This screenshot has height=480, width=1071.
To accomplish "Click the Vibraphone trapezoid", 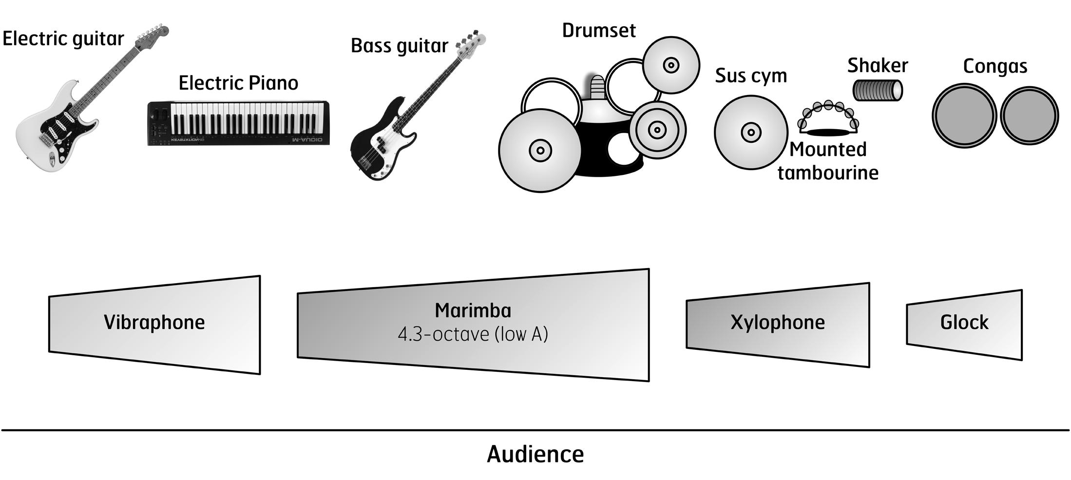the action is pyautogui.click(x=154, y=325).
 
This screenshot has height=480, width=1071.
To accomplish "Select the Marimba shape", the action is pyautogui.click(x=473, y=325).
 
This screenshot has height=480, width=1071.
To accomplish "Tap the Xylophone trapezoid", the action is pyautogui.click(x=778, y=325).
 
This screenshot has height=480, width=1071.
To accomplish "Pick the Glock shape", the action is pyautogui.click(x=964, y=325).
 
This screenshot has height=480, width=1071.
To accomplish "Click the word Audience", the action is pyautogui.click(x=535, y=454).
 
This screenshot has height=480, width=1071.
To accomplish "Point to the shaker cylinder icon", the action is pyautogui.click(x=878, y=90).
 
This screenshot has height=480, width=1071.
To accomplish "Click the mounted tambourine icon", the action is pyautogui.click(x=828, y=118).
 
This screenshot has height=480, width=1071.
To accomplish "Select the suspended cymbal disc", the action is pyautogui.click(x=751, y=132).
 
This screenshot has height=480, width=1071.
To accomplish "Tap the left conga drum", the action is pyautogui.click(x=965, y=115).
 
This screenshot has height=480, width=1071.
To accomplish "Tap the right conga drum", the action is pyautogui.click(x=1030, y=115).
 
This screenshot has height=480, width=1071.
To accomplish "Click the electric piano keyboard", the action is pyautogui.click(x=238, y=123).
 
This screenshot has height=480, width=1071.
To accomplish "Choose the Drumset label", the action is pyautogui.click(x=599, y=30).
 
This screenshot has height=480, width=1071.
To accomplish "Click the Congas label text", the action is pyautogui.click(x=995, y=66).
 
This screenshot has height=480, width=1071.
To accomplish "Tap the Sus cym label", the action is pyautogui.click(x=751, y=76).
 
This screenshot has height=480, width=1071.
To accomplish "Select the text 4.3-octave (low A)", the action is pyautogui.click(x=473, y=334).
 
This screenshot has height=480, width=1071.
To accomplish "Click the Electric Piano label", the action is pyautogui.click(x=238, y=83).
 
